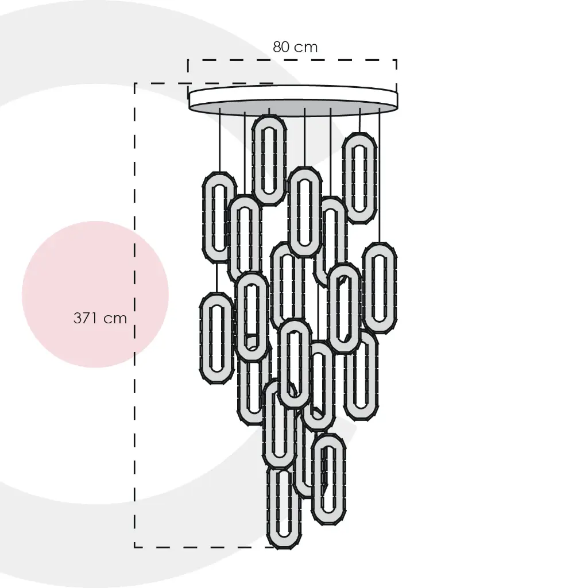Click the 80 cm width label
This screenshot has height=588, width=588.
295,47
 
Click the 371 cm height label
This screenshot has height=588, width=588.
100,318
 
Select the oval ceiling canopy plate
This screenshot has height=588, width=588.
293,99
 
